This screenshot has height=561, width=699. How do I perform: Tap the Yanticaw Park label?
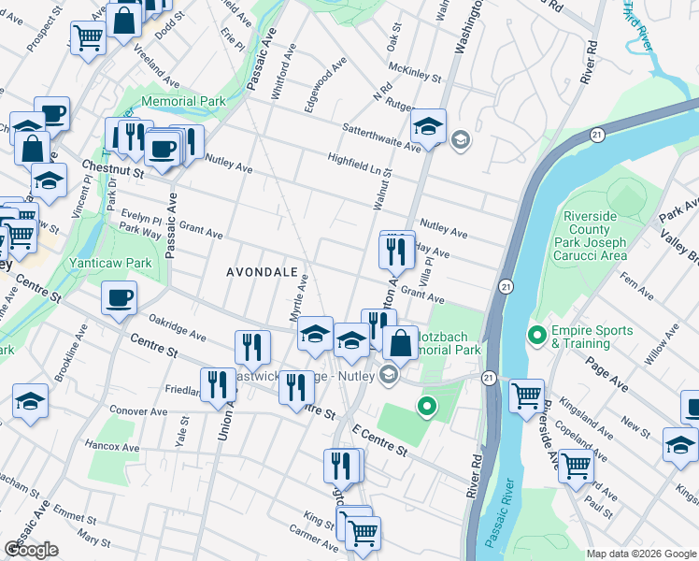[x=110, y=264]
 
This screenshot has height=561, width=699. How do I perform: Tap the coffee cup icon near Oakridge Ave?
[x=119, y=299]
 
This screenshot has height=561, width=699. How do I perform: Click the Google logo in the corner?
[x=32, y=550]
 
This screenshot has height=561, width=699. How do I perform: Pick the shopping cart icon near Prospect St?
[x=87, y=38]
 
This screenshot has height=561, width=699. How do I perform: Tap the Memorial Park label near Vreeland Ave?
[x=182, y=101]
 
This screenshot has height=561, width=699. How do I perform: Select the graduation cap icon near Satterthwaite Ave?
[x=428, y=126]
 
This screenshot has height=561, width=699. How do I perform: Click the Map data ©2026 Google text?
[x=640, y=554]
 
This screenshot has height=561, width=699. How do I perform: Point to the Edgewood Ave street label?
[x=324, y=84]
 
